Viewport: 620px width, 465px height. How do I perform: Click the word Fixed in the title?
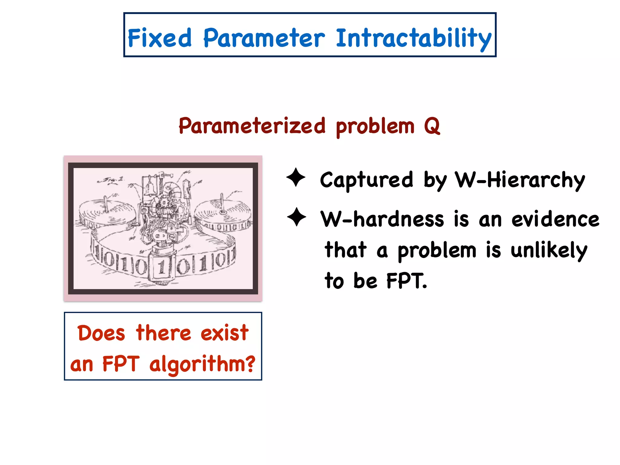click(x=160, y=38)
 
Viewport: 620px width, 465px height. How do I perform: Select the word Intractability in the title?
click(x=414, y=38)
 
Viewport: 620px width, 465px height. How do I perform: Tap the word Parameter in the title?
click(x=264, y=38)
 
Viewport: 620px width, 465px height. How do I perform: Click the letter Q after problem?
click(x=432, y=126)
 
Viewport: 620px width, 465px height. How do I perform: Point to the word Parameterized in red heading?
click(x=252, y=126)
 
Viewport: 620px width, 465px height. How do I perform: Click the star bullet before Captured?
click(x=296, y=177)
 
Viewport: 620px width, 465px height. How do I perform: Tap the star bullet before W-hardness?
click(x=296, y=217)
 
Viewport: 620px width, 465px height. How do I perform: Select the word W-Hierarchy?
click(x=520, y=180)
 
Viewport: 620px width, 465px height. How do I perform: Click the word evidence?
click(x=555, y=219)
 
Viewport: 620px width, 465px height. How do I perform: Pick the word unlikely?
click(x=549, y=250)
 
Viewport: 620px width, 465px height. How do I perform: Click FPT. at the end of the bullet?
click(x=407, y=281)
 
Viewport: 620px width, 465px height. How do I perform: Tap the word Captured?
click(x=366, y=180)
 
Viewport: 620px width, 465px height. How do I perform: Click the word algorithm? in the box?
click(x=202, y=364)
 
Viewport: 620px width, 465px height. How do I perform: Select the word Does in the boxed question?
click(x=101, y=333)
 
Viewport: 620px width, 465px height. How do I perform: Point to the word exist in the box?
click(x=224, y=333)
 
